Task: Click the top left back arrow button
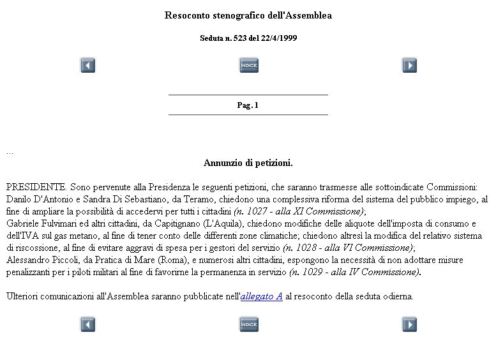(x=87, y=65)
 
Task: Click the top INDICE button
(x=249, y=65)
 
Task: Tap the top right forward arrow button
(x=409, y=65)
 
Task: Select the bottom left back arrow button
(x=87, y=325)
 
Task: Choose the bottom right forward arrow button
(x=409, y=325)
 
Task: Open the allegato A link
(x=261, y=296)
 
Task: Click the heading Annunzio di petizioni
(x=248, y=163)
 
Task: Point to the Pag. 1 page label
(x=248, y=105)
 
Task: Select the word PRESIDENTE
(x=36, y=187)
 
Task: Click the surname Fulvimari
(x=62, y=223)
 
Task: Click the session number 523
(x=241, y=38)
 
